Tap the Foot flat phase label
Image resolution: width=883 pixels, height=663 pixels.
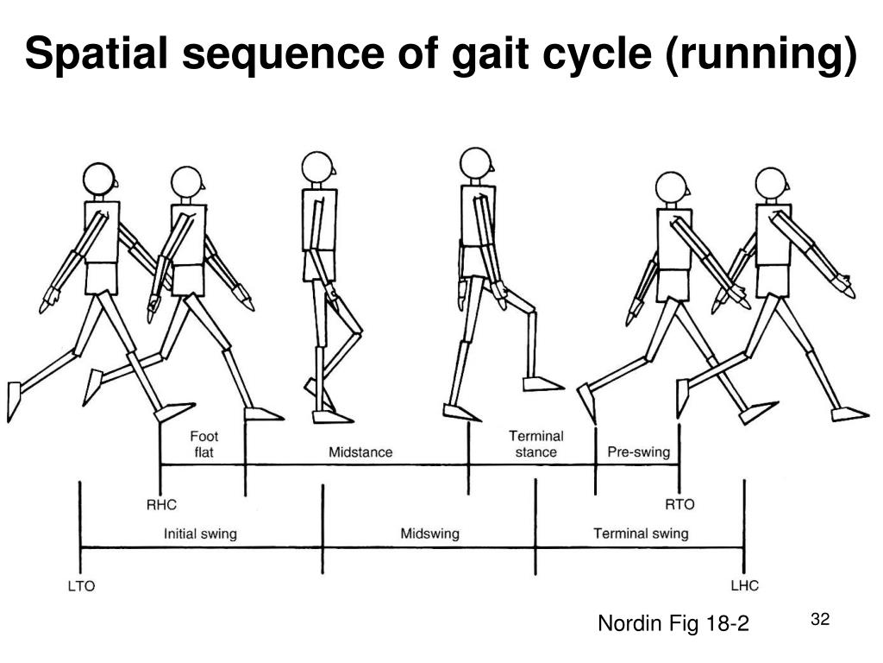[204, 444]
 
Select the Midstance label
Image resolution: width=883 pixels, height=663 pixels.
[360, 452]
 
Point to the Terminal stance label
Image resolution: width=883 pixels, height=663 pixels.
[535, 444]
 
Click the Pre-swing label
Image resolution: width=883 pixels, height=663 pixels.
[638, 452]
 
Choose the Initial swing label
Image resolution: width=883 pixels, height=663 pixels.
[200, 534]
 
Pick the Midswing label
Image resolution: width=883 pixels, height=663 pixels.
[429, 534]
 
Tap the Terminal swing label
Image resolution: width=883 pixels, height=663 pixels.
[641, 534]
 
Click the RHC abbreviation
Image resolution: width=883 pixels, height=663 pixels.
[161, 504]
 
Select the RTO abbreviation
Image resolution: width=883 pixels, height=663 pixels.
[679, 504]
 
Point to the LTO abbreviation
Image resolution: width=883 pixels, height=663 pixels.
[81, 586]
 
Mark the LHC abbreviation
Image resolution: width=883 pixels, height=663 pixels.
[744, 586]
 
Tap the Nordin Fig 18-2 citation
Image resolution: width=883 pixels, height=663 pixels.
[673, 622]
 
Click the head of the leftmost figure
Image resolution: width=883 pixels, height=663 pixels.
[99, 178]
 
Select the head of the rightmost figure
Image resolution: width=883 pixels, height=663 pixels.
[770, 183]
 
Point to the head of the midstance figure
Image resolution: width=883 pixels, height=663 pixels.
[316, 167]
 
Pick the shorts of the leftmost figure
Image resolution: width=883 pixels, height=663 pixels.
[103, 277]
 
